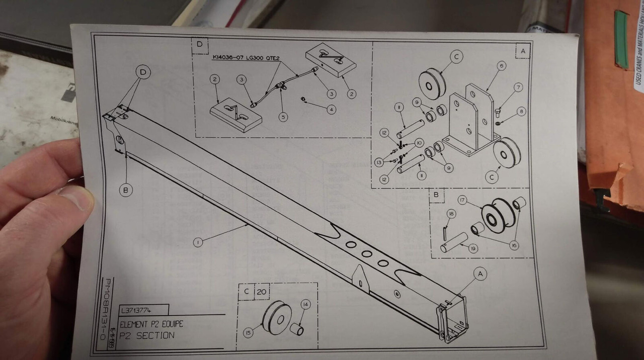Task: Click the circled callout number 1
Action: coord(198,242)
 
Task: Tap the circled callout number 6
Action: coord(501,66)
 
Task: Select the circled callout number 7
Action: coord(518,87)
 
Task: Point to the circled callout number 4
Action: coord(331,109)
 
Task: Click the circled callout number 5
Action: coord(284,117)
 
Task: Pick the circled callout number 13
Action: coord(379,162)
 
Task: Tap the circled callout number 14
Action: coord(306,304)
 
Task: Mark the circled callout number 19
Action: coord(472,247)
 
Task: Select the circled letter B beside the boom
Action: coord(126,190)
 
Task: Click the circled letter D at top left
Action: coord(143,73)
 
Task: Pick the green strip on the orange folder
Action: coord(621,39)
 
